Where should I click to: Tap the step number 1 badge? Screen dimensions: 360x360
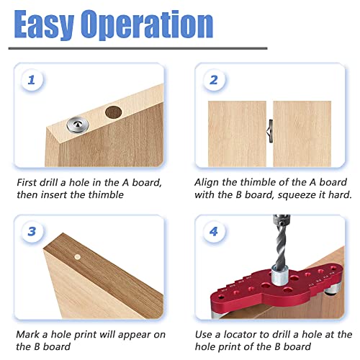(x=31, y=81)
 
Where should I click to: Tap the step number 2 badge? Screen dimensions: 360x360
(x=213, y=81)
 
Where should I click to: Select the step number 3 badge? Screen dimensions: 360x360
(x=31, y=232)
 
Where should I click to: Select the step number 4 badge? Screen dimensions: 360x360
(x=213, y=232)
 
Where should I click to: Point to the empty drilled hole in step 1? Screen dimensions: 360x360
(x=113, y=113)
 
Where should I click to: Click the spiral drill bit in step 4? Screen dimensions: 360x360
(x=281, y=246)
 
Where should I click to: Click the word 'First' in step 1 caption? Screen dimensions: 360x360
(x=29, y=184)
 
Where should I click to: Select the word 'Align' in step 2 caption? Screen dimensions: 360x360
(x=210, y=184)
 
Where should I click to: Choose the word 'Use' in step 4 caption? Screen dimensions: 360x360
(x=206, y=335)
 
